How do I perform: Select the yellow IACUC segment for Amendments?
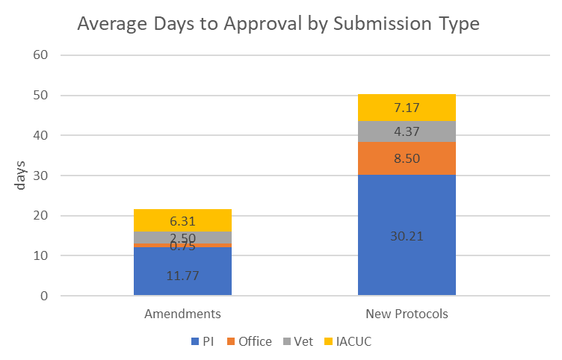pos(182,220)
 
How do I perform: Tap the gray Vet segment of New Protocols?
pos(407,131)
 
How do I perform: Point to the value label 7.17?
pos(407,108)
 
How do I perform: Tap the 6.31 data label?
pos(182,221)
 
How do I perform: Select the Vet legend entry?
pos(302,341)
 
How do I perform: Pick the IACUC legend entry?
pos(351,341)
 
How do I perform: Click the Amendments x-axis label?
pos(182,314)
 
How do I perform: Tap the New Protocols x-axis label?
pos(407,314)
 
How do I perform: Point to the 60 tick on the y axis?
pos(40,55)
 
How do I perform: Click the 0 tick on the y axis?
pos(43,296)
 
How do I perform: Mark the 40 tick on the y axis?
pos(40,135)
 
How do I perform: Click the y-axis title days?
pos(22,175)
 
